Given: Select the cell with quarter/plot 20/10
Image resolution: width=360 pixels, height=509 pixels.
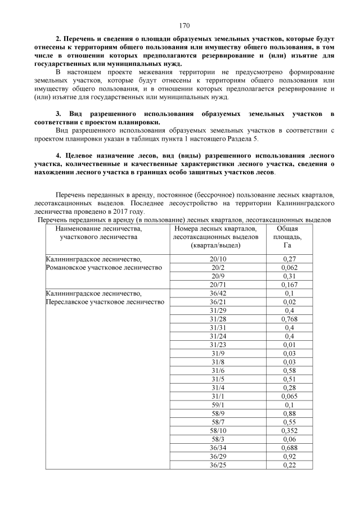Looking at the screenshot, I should point(217,259).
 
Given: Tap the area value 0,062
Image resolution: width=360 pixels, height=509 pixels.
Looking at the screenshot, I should point(289,268).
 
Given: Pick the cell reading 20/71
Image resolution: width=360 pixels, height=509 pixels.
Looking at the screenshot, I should point(217,285).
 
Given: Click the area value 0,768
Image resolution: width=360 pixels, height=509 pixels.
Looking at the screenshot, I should point(289,319).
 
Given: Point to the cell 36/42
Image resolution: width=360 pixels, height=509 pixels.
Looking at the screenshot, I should point(217,293).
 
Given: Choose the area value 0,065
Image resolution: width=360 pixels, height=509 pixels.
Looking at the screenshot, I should point(289,396).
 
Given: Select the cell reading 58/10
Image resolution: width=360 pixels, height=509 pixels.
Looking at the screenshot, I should point(217,430).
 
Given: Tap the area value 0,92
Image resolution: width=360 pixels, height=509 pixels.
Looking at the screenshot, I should point(289,456).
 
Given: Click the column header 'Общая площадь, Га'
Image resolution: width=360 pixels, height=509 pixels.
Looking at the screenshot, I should point(289,237).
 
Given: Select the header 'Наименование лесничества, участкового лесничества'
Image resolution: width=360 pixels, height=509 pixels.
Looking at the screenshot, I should point(98,233).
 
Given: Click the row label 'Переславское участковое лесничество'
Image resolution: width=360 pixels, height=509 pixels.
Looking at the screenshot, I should point(105,302).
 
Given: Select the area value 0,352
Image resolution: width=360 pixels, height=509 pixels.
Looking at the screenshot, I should point(289,430).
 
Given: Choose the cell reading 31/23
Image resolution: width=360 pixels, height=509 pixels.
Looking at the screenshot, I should point(217,345).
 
